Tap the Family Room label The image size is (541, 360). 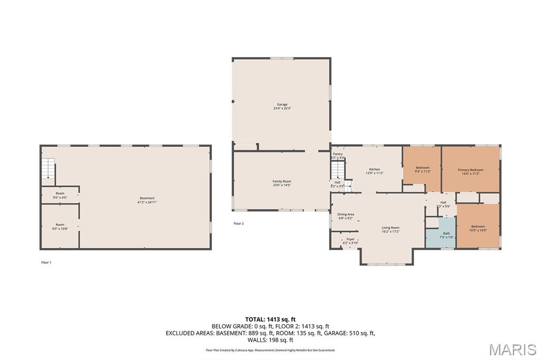click(282, 183)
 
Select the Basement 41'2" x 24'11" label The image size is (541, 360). click(147, 200)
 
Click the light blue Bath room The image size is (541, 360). click(446, 235)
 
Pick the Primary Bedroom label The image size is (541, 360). click(470, 172)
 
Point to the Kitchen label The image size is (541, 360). click(374, 171)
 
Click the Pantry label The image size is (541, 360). click(338, 155)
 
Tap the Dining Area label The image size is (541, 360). click(346, 216)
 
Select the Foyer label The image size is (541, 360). click(350, 241)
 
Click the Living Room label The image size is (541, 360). click(390, 229)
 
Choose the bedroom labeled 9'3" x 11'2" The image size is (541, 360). click(423, 169)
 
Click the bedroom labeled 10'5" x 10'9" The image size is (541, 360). click(478, 228)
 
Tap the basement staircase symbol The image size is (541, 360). click(48, 169)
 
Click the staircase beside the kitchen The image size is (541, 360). click(338, 170)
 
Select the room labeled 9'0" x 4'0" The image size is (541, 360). click(60, 195)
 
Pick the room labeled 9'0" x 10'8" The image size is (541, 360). click(60, 226)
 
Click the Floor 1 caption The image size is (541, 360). click(46, 262)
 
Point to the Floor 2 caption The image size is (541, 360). click(239, 224)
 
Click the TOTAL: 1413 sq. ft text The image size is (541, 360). click(270, 319)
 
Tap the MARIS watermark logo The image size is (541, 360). click(512, 349)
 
